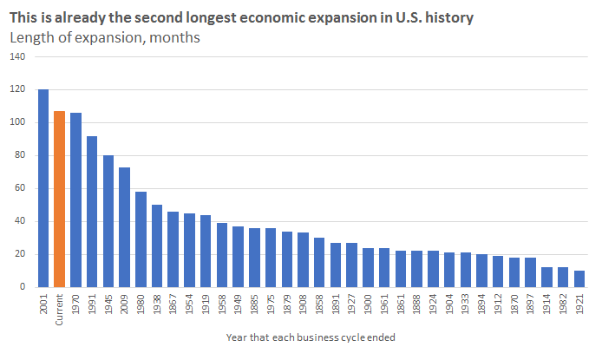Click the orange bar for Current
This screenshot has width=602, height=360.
(x=59, y=200)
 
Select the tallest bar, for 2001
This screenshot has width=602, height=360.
(x=43, y=188)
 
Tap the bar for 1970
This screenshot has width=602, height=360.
(x=75, y=200)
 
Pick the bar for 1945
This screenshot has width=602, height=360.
(x=108, y=221)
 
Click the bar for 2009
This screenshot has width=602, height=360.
(x=124, y=227)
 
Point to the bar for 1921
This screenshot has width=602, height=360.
(x=579, y=279)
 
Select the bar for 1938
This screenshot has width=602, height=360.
(x=157, y=246)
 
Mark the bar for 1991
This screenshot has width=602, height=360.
(x=92, y=212)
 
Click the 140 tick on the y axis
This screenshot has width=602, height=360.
(x=17, y=56)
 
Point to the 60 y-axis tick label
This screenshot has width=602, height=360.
(x=20, y=188)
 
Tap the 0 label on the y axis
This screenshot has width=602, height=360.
(x=23, y=286)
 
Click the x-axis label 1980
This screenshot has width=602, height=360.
(x=141, y=304)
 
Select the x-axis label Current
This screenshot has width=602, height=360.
(x=59, y=310)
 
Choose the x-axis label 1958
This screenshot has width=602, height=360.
(x=222, y=304)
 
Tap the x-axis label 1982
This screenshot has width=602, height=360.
(x=563, y=304)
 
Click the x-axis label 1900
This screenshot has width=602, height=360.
(x=368, y=304)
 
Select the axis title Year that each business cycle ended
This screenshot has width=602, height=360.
(x=311, y=337)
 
